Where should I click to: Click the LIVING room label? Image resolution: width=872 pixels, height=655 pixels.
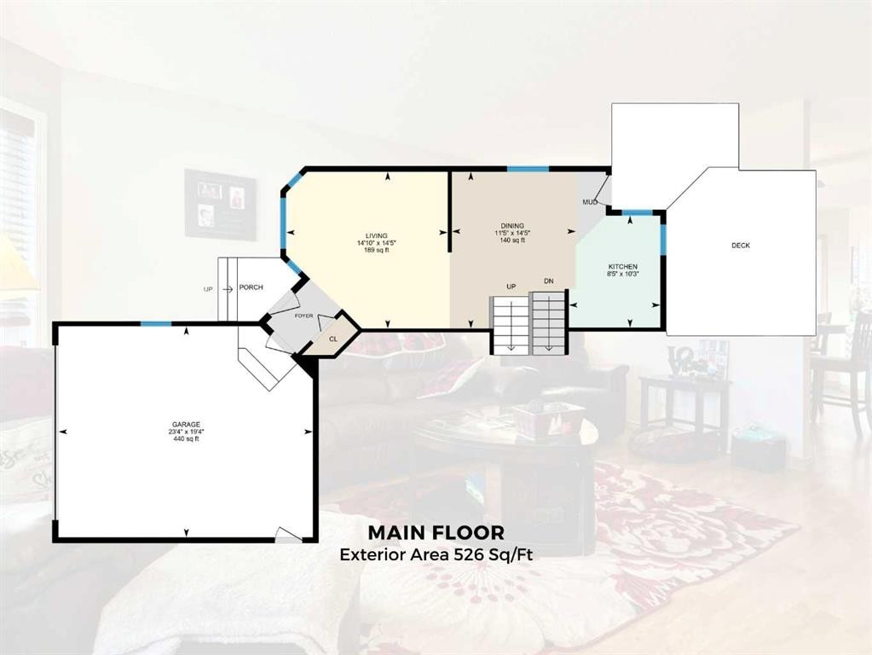(376, 235)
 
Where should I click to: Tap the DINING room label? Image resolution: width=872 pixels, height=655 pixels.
(512, 225)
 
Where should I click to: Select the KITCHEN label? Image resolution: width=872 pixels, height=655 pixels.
(617, 266)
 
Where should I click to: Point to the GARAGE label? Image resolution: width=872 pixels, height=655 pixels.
(185, 424)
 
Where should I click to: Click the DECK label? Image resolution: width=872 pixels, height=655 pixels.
(741, 246)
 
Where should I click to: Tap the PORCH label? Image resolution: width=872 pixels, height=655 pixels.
(251, 287)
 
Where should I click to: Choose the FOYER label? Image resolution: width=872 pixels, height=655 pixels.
(304, 316)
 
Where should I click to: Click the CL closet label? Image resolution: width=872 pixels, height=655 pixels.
(332, 338)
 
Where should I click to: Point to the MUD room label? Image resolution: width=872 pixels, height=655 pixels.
(589, 202)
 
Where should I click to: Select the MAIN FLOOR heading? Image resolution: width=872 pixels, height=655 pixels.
(436, 533)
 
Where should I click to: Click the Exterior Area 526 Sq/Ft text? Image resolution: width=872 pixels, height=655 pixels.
(436, 554)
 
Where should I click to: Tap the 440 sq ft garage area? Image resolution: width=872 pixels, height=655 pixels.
(185, 439)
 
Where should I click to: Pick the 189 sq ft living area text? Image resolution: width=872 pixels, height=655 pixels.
(376, 250)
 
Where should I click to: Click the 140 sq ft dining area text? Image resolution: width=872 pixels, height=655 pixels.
(512, 241)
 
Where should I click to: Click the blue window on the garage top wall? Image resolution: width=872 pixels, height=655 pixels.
(155, 323)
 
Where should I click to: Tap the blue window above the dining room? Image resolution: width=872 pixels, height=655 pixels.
(528, 169)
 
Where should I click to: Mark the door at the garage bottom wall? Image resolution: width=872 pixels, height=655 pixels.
(288, 535)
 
